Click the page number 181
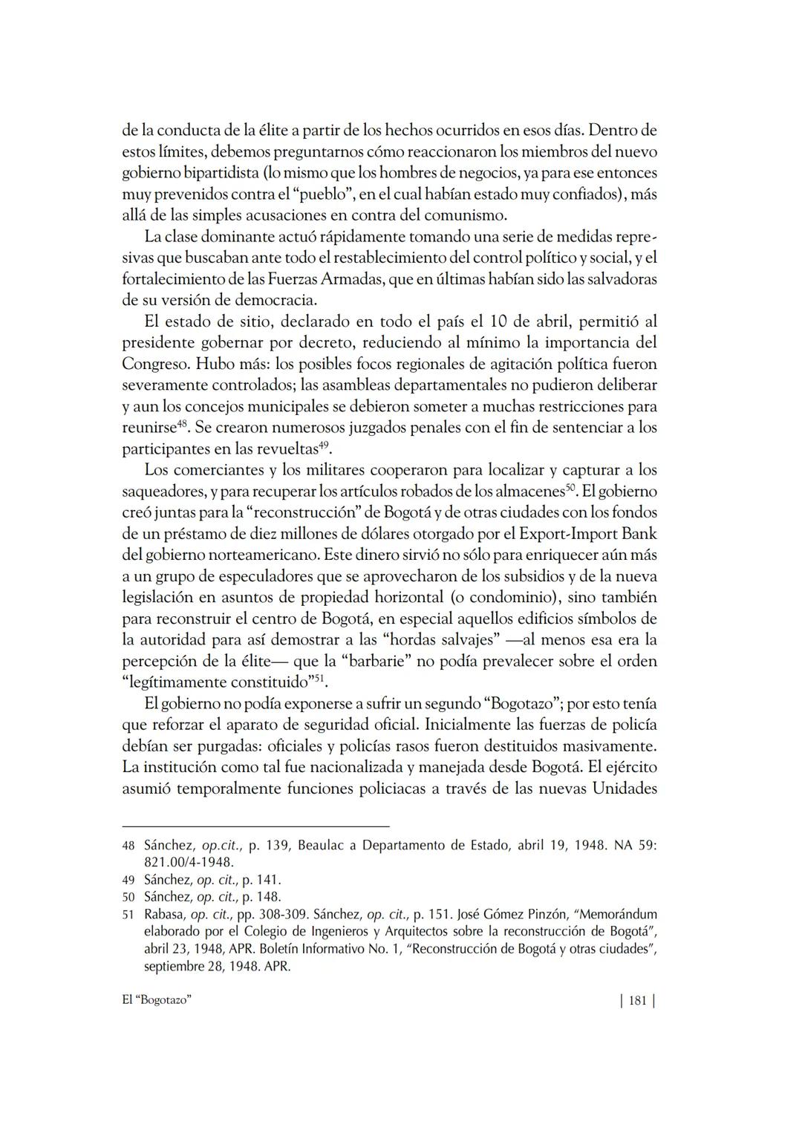pyautogui.click(x=637, y=1001)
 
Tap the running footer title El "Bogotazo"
pyautogui.click(x=157, y=1000)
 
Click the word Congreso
pyautogui.click(x=154, y=365)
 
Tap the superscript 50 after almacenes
pyautogui.click(x=571, y=488)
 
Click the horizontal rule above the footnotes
pyautogui.click(x=255, y=826)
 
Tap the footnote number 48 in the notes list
pyautogui.click(x=128, y=846)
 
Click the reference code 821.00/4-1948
pyautogui.click(x=189, y=863)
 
